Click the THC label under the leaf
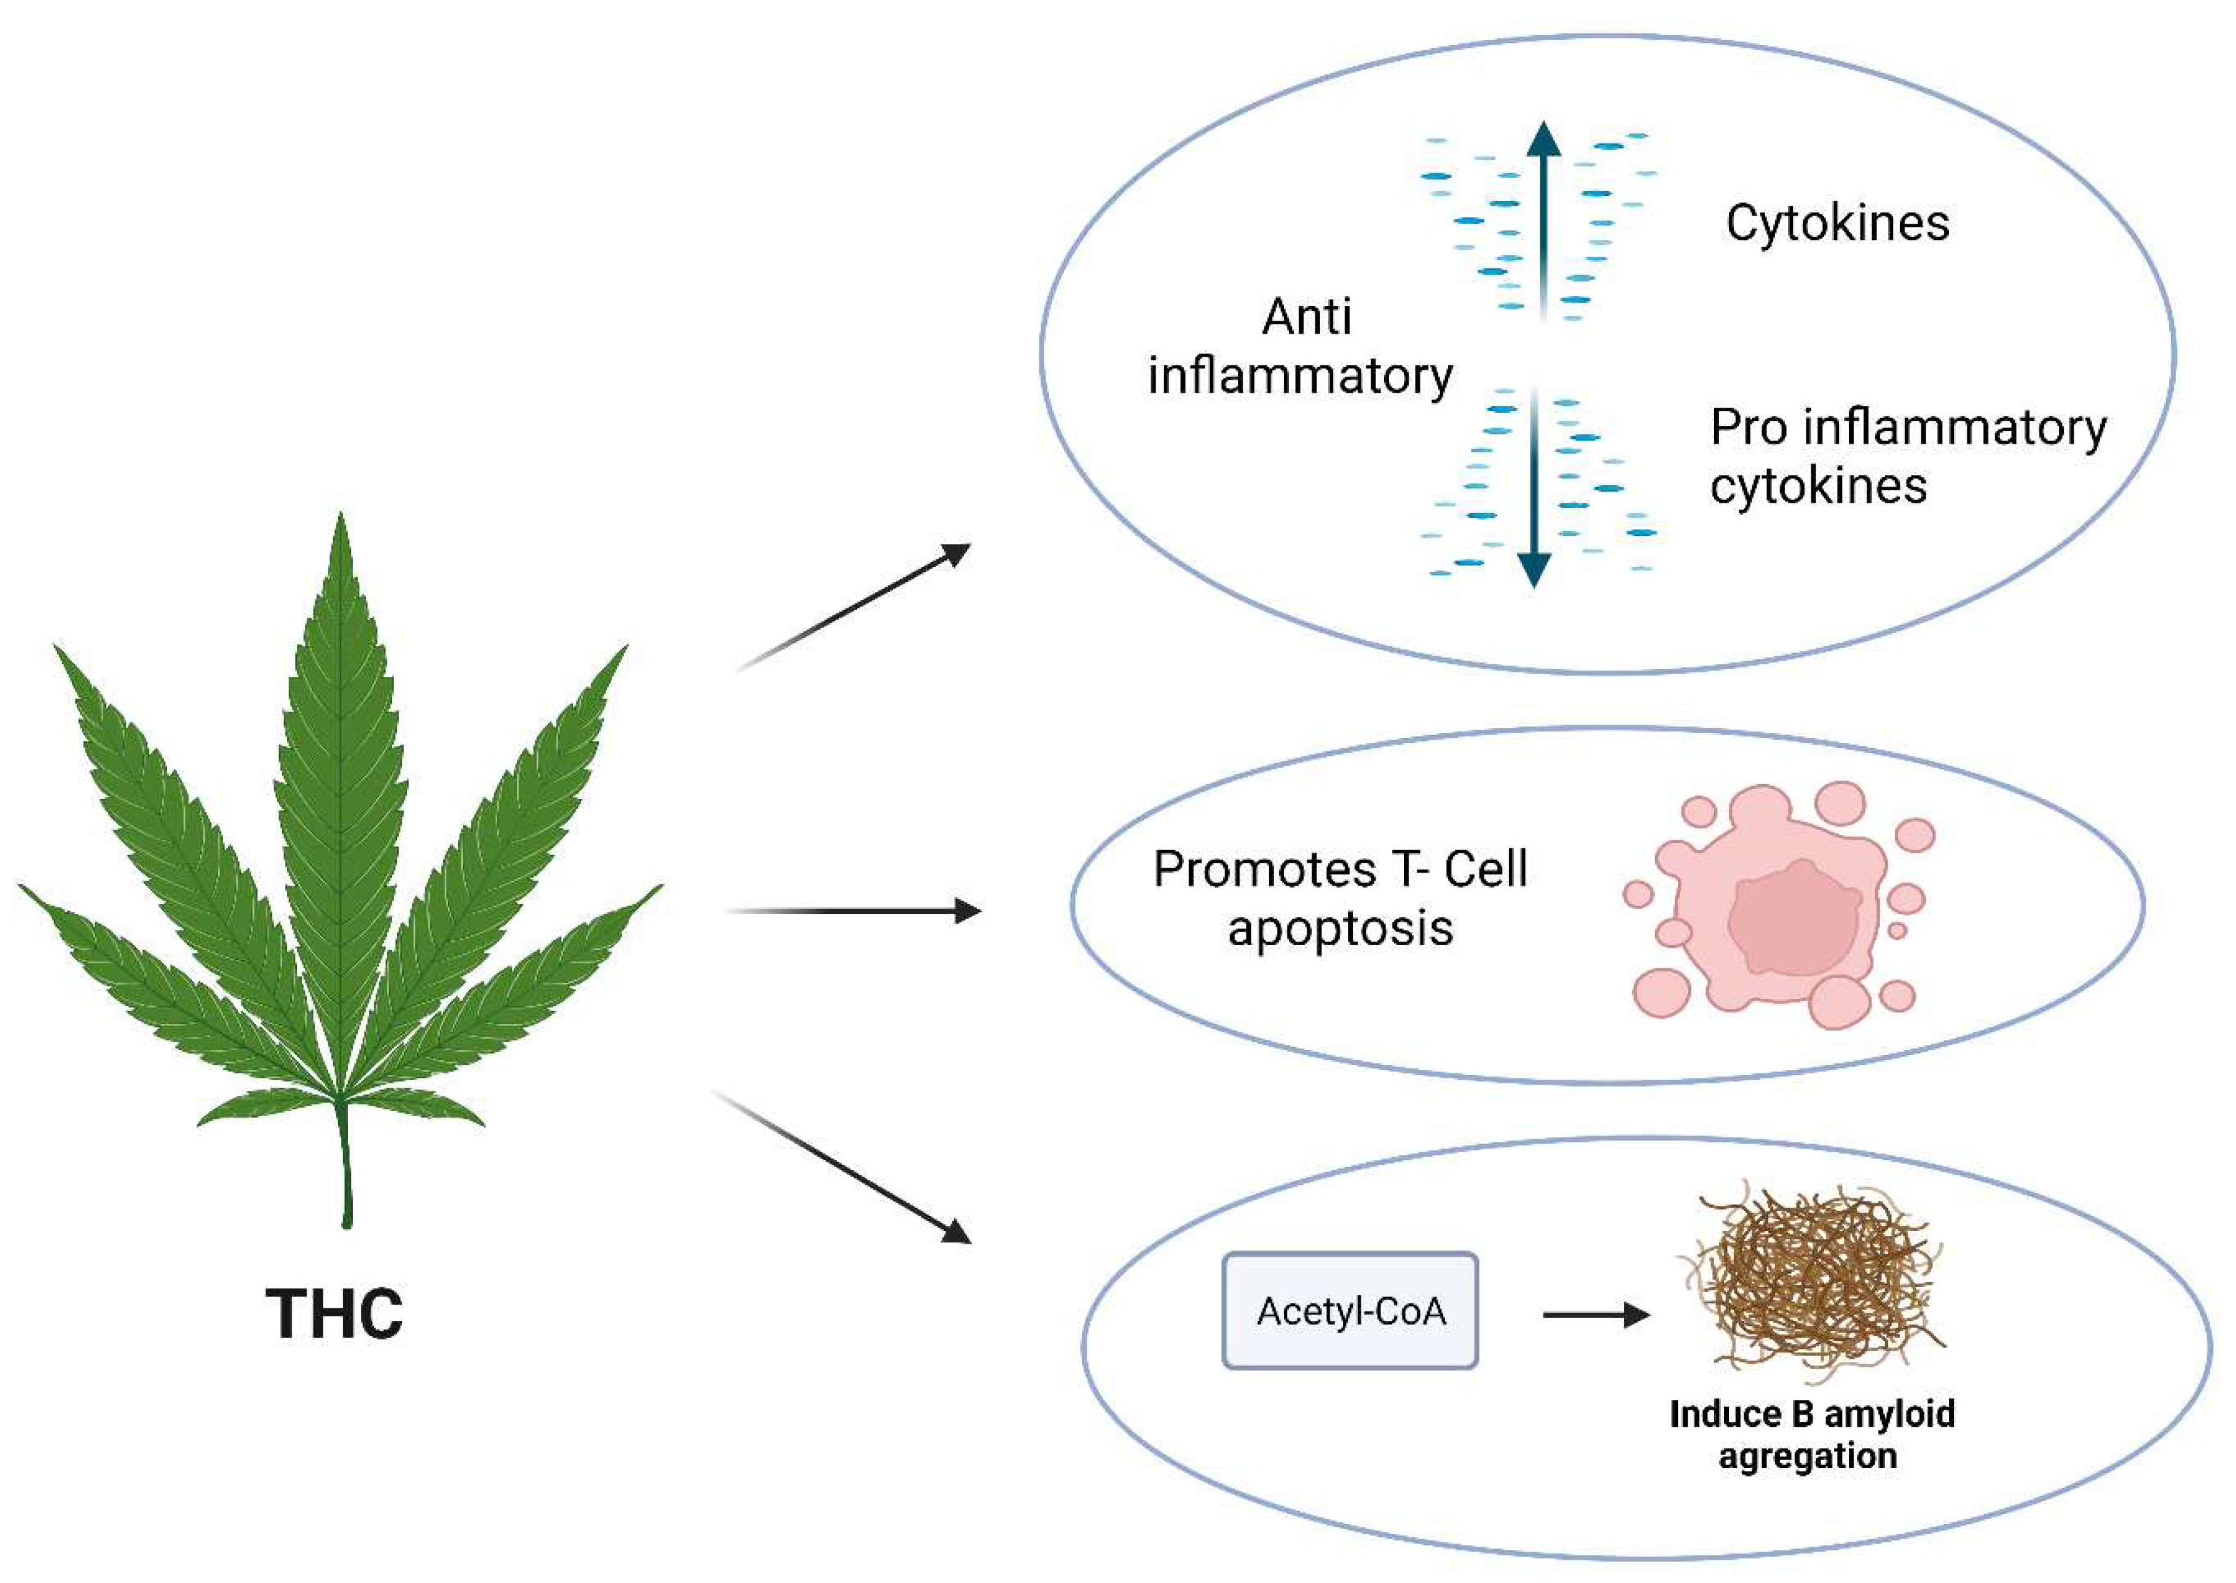tap(334, 1314)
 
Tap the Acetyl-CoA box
tap(1350, 1311)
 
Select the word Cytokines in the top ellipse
tap(1837, 223)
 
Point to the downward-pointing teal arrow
tap(1534, 487)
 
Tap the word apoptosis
tap(1340, 928)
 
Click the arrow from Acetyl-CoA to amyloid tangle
tap(1596, 1316)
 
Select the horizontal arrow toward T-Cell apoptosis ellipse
tap(854, 911)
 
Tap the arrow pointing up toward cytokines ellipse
tap(854, 607)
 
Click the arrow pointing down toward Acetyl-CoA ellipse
tap(844, 1168)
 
